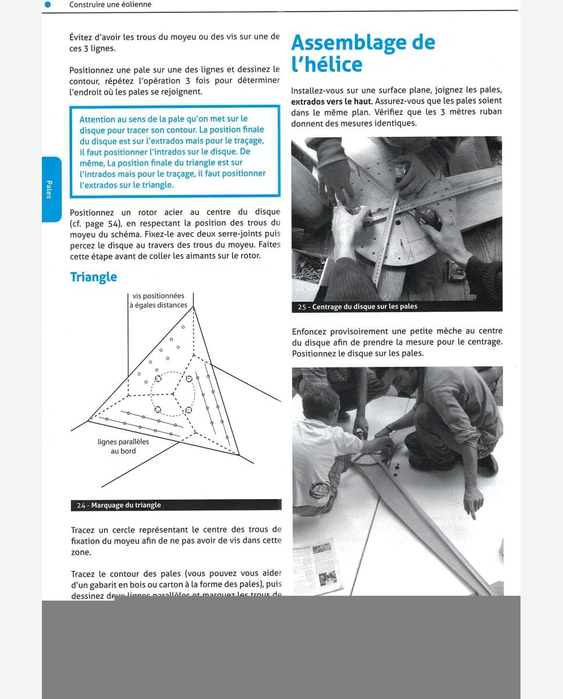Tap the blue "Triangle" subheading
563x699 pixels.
[x=93, y=277]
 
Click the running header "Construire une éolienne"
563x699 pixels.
[x=110, y=5]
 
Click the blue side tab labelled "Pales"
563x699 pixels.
[x=51, y=189]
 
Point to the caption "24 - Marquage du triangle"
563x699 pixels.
[x=119, y=505]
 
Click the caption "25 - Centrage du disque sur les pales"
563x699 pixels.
[x=357, y=306]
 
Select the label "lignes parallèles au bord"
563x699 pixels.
[x=123, y=446]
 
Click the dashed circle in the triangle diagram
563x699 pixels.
[x=173, y=394]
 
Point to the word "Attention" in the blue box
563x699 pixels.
[x=97, y=119]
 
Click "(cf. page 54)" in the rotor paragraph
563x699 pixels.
[x=95, y=223]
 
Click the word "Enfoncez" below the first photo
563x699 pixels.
[x=310, y=332]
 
